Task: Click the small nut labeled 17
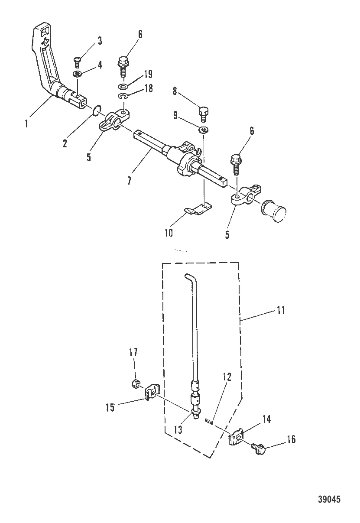coord(135,383)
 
